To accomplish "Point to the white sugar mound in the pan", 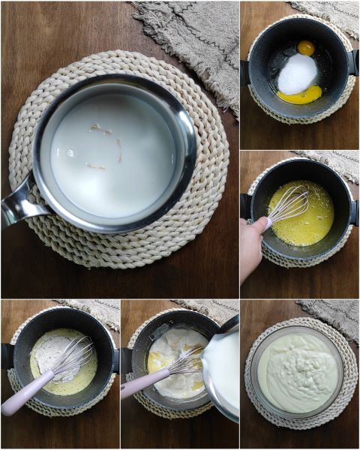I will point(298,73).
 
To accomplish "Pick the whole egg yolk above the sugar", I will point(306,48).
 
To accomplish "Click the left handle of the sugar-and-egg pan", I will point(244,73).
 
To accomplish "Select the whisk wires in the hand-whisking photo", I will point(289,204).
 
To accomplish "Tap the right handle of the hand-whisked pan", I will point(353,211).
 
